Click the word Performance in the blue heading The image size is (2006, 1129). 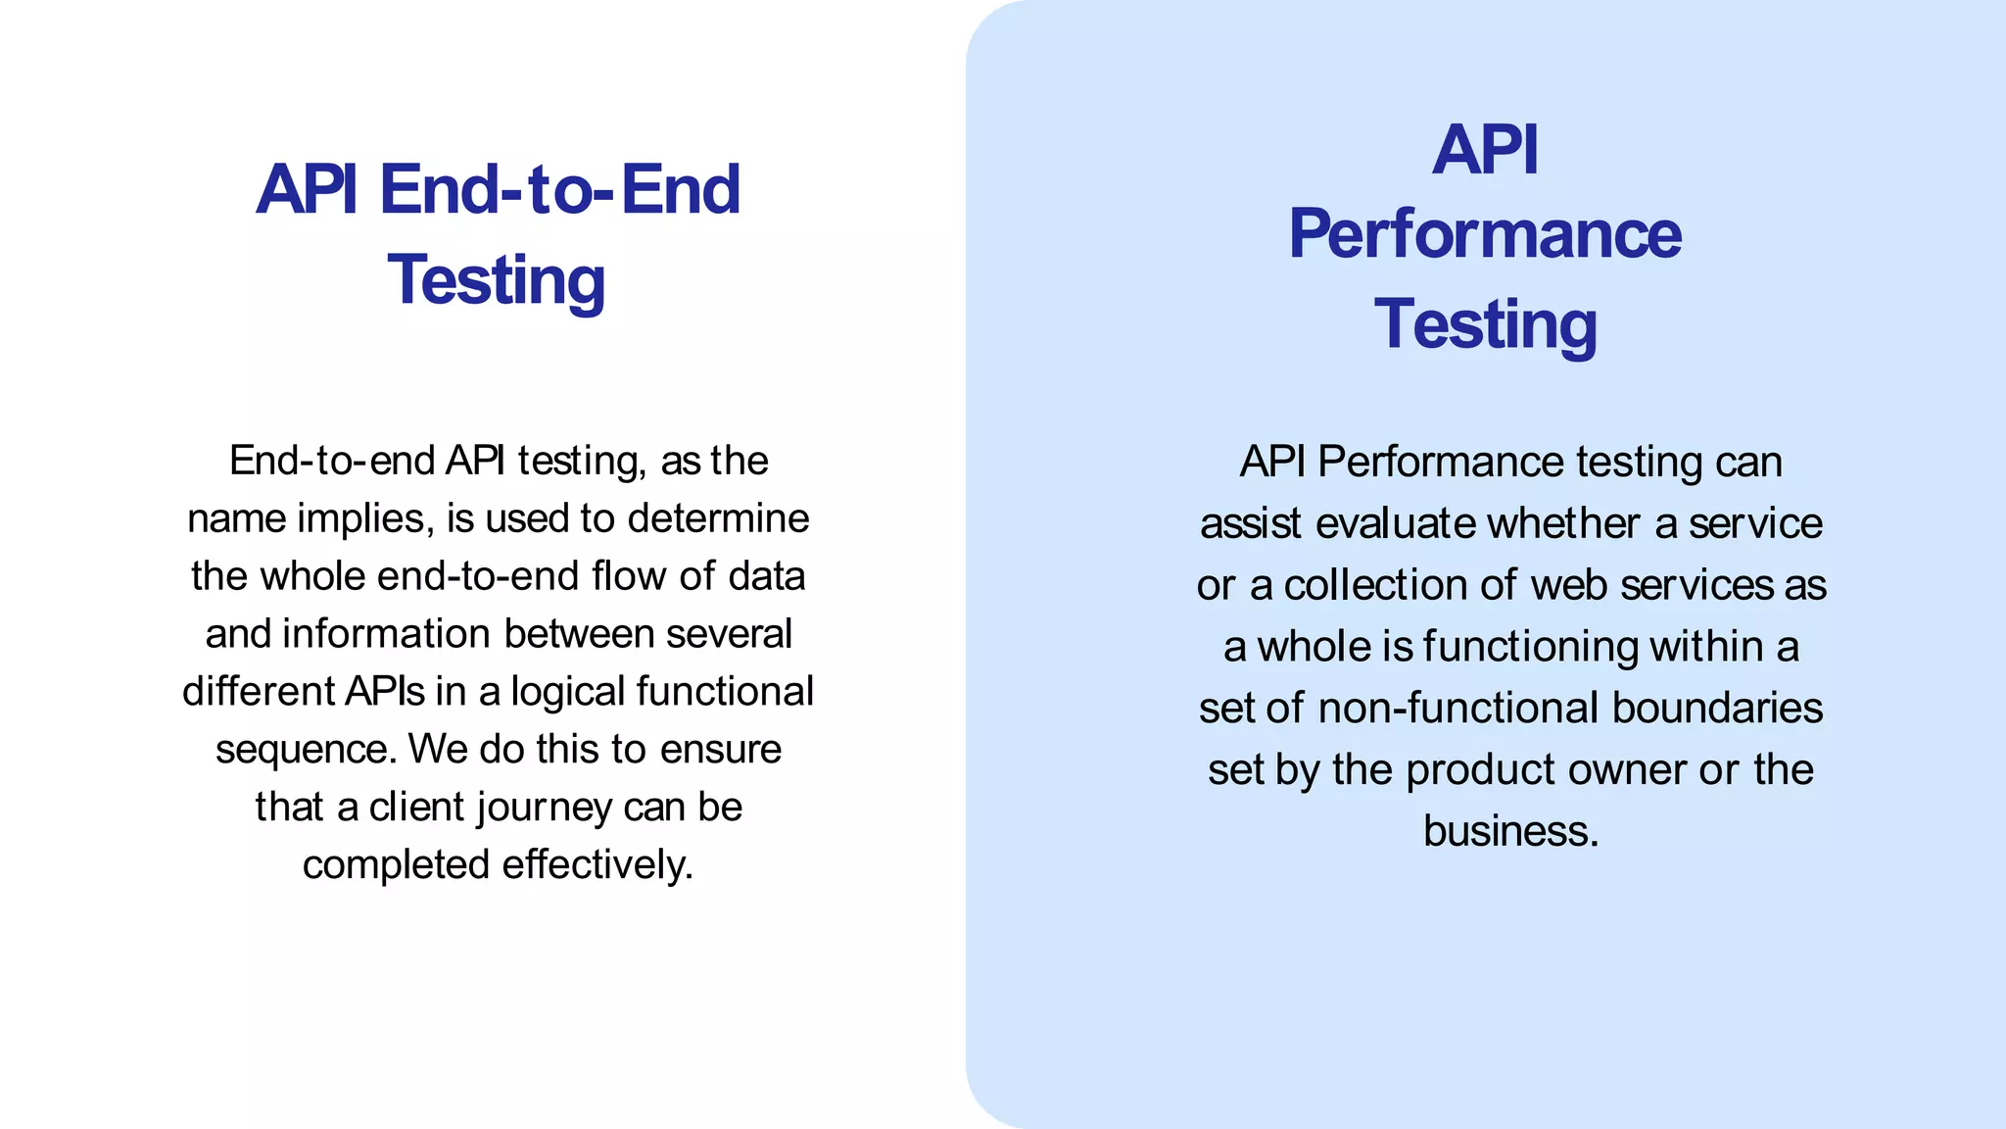(1485, 235)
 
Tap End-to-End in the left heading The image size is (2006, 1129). (559, 189)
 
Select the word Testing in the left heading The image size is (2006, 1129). (497, 280)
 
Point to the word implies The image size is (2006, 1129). (365, 518)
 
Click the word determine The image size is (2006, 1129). (719, 518)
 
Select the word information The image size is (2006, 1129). (387, 634)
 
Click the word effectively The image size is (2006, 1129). (597, 865)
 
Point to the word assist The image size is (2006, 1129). (1251, 524)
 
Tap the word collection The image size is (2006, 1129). (1375, 586)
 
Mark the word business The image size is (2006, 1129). (1510, 832)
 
